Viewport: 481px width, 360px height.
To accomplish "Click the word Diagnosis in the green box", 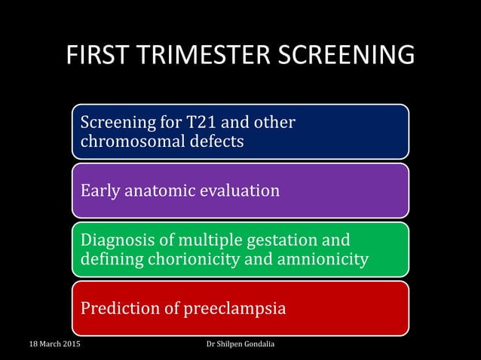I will (116, 240).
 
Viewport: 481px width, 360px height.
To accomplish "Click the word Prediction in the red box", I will (119, 309).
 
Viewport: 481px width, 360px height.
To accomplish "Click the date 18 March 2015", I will (55, 345).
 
